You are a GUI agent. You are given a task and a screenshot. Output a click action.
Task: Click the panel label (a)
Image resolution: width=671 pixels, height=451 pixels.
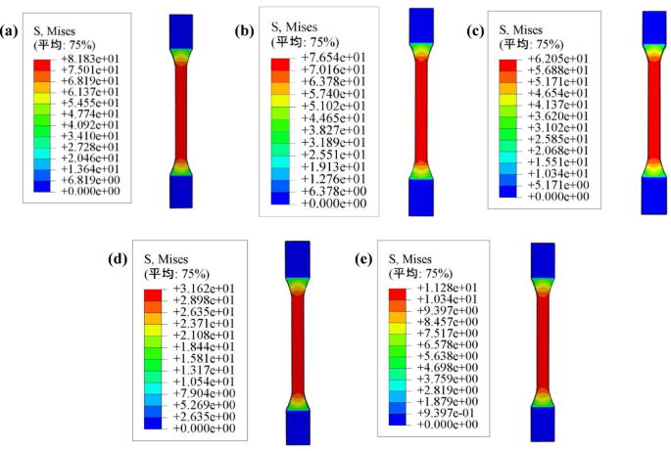[x=12, y=29]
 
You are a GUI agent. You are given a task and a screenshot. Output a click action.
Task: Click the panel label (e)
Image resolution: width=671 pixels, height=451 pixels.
[x=363, y=259]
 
